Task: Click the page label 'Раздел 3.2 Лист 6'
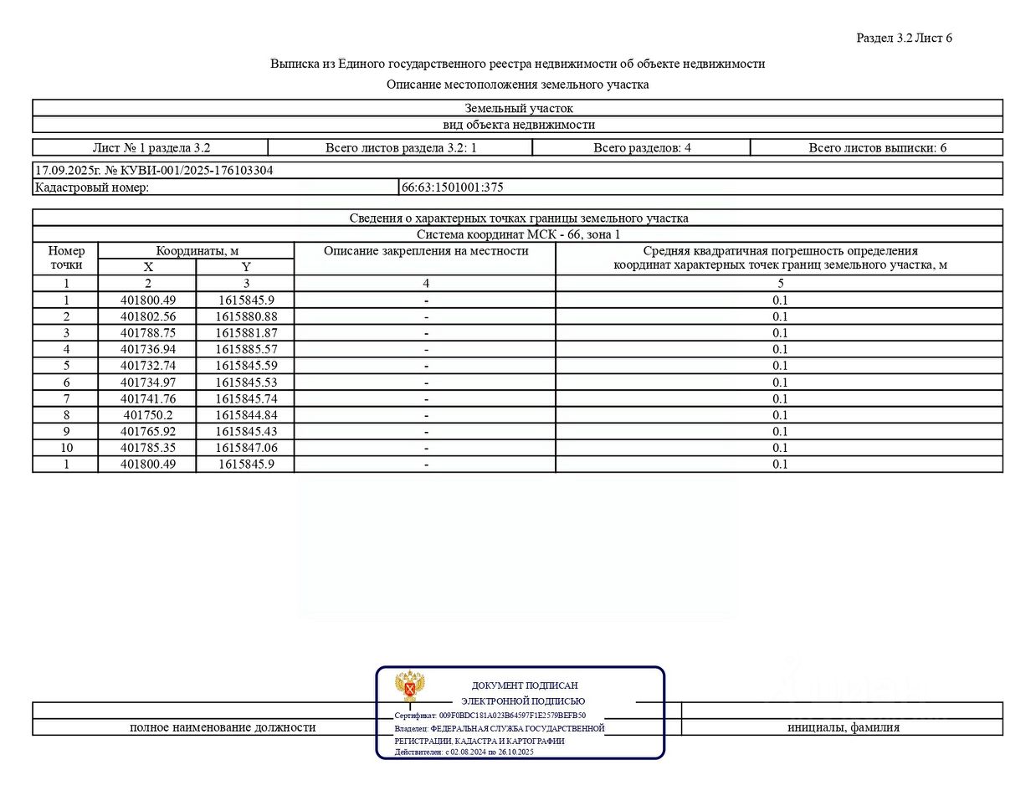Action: (x=904, y=38)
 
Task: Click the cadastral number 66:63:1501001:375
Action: (x=453, y=187)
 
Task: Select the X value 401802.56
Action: (x=148, y=316)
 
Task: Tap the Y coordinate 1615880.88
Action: (x=246, y=316)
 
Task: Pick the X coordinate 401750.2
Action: (x=148, y=415)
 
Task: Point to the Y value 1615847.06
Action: (x=246, y=448)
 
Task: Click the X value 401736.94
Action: (x=148, y=349)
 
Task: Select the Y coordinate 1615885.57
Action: (x=246, y=349)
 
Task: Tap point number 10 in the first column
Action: (x=66, y=448)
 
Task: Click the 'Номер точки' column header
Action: (x=66, y=258)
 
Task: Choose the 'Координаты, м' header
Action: (x=197, y=251)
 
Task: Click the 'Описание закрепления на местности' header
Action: (x=426, y=251)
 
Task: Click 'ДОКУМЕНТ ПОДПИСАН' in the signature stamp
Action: (x=525, y=685)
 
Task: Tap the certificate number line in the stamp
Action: (x=490, y=716)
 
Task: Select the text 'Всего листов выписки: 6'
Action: (x=877, y=148)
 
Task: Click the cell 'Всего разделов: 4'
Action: (x=642, y=148)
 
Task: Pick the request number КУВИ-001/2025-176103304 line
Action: (x=154, y=170)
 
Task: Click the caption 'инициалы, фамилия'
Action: (x=843, y=727)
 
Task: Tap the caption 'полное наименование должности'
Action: (x=223, y=727)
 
